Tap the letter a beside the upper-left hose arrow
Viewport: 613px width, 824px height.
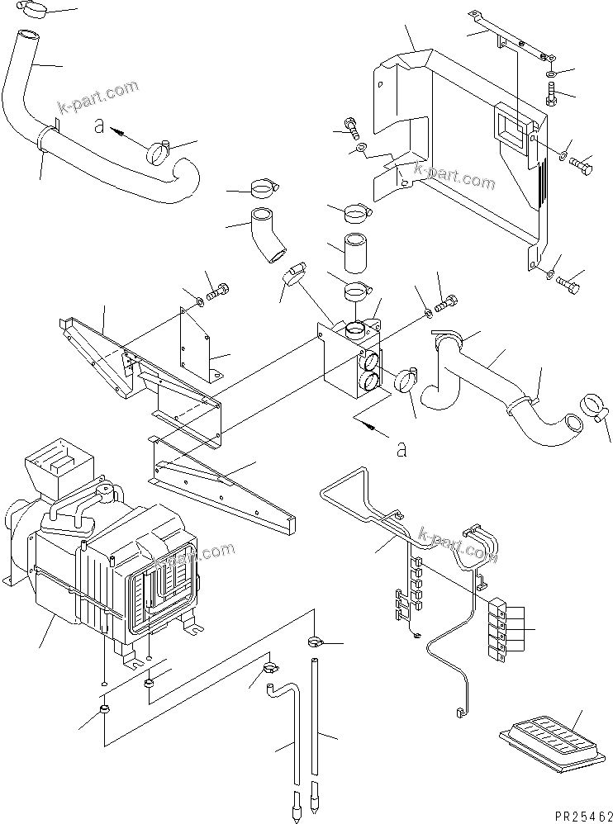(x=99, y=127)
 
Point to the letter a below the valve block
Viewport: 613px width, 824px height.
(x=402, y=449)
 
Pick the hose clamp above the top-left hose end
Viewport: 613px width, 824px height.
(x=34, y=10)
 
